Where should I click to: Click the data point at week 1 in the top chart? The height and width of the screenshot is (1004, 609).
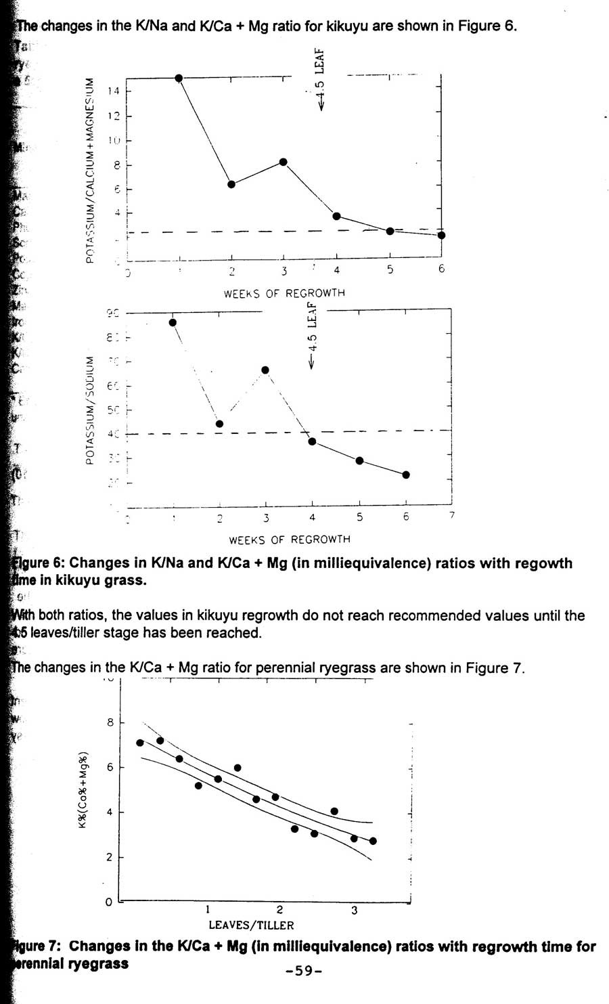179,78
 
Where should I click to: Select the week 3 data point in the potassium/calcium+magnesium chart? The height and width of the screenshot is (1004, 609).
284,162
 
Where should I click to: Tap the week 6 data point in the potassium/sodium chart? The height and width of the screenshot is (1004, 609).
406,475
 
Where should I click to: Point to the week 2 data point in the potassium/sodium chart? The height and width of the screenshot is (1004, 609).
219,424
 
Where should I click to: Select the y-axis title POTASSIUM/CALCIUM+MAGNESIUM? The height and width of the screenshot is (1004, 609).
90,169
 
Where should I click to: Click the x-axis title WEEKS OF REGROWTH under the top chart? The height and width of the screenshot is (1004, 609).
284,293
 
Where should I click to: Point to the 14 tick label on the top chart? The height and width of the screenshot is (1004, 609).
114,91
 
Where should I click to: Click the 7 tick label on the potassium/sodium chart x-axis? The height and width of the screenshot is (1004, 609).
452,516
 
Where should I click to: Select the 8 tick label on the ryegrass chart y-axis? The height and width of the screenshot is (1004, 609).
110,722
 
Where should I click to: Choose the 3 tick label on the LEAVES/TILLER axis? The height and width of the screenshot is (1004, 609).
354,910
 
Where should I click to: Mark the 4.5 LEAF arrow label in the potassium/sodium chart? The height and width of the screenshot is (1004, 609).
312,335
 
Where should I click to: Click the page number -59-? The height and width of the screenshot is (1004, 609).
304,971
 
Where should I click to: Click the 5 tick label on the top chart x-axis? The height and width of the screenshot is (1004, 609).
390,269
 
